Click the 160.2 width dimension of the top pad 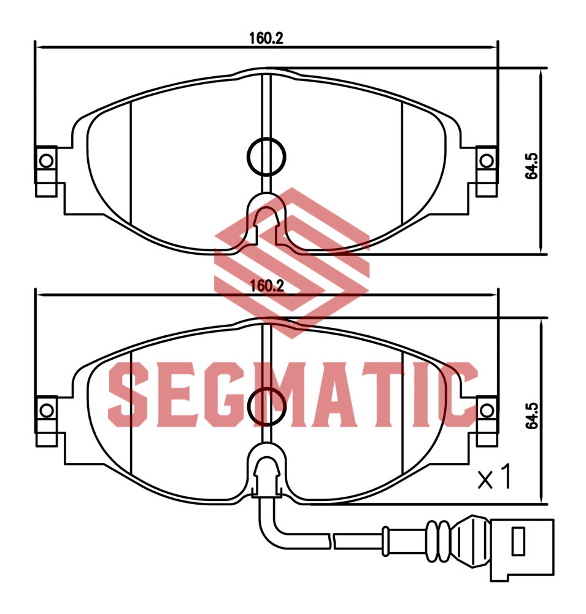[266, 38]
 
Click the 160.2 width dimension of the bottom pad [266, 286]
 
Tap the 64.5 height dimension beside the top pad [532, 166]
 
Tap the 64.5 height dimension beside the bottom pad [532, 416]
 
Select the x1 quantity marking [495, 476]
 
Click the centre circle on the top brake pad [266, 157]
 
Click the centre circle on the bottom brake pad [266, 407]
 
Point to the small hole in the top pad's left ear [47, 160]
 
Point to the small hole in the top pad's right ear [487, 160]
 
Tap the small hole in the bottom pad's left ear [47, 411]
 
